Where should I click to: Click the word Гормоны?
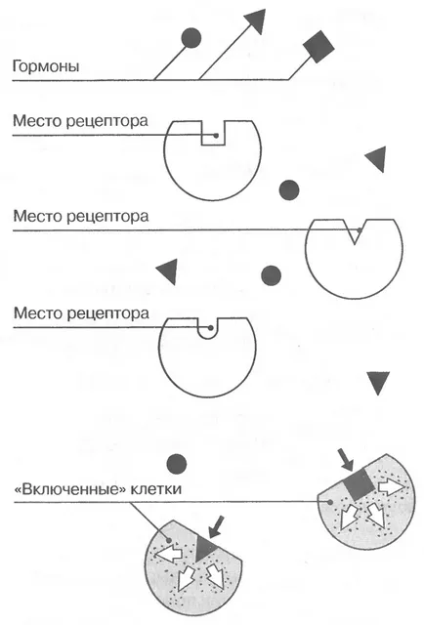tap(46, 65)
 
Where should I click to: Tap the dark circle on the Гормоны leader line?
tap(191, 38)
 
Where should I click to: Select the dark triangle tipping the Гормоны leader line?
tap(255, 21)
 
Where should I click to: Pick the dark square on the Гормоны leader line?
tap(318, 47)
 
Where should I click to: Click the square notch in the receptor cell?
tap(213, 133)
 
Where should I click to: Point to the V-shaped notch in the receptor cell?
tap(355, 230)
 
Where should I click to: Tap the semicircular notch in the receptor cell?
tap(208, 328)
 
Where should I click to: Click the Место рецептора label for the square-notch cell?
tap(80, 121)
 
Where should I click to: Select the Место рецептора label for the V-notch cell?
tap(81, 216)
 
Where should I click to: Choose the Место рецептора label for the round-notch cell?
tap(81, 313)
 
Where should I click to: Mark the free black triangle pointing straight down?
tap(378, 383)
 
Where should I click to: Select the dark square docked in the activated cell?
tap(360, 485)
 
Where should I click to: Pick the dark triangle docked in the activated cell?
tap(204, 547)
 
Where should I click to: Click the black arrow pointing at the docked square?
tap(346, 460)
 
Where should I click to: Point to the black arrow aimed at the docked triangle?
tap(217, 526)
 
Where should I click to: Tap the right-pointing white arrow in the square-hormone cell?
tap(392, 486)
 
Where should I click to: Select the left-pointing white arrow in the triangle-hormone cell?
tap(168, 554)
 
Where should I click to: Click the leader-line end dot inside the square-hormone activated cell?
tap(330, 502)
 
